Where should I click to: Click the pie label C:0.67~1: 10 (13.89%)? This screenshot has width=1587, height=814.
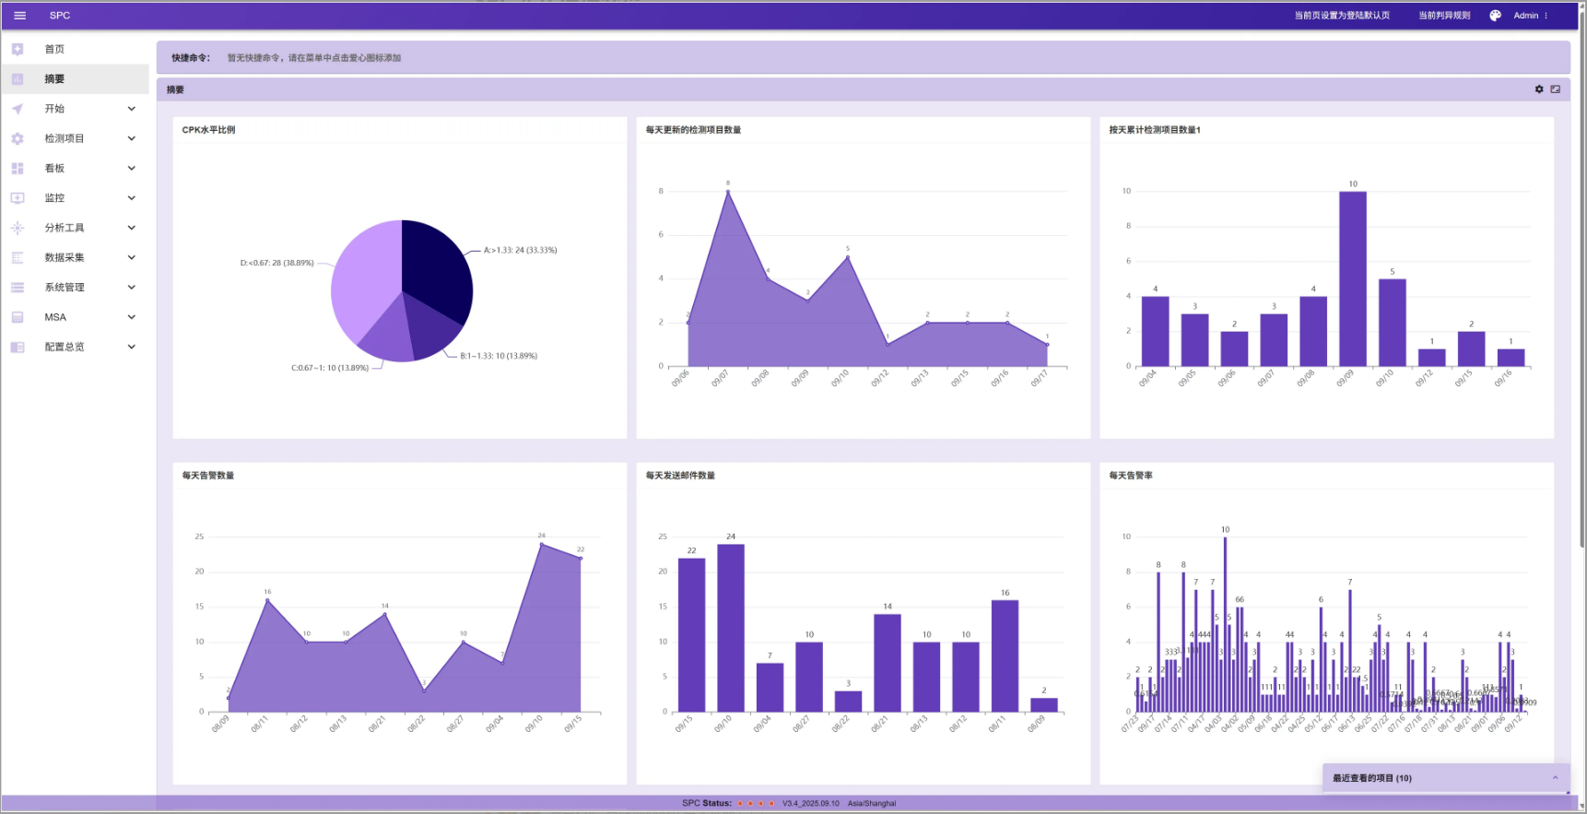click(x=330, y=368)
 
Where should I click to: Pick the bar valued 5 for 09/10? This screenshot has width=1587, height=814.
click(x=1392, y=322)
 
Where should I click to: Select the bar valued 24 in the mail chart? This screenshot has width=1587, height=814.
click(x=730, y=627)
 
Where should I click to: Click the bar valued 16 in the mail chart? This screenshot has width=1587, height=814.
click(x=1005, y=655)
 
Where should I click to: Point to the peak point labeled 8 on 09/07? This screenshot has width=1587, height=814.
click(x=728, y=192)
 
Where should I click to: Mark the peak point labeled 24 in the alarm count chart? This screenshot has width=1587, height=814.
click(x=542, y=544)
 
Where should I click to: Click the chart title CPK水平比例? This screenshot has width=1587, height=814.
click(x=208, y=130)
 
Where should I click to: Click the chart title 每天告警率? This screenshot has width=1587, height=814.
click(x=1131, y=476)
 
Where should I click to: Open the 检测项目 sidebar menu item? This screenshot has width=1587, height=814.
click(x=65, y=138)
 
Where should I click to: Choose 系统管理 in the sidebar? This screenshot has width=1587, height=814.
click(x=65, y=288)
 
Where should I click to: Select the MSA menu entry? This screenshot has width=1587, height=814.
click(x=55, y=317)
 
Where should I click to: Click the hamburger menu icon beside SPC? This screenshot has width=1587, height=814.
click(x=19, y=16)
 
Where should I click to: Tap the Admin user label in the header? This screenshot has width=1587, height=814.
click(x=1525, y=16)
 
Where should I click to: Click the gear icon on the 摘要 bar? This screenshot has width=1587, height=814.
click(x=1538, y=89)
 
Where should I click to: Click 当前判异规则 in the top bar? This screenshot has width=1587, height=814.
click(x=1443, y=16)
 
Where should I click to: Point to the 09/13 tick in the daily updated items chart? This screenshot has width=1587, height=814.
click(x=920, y=378)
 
